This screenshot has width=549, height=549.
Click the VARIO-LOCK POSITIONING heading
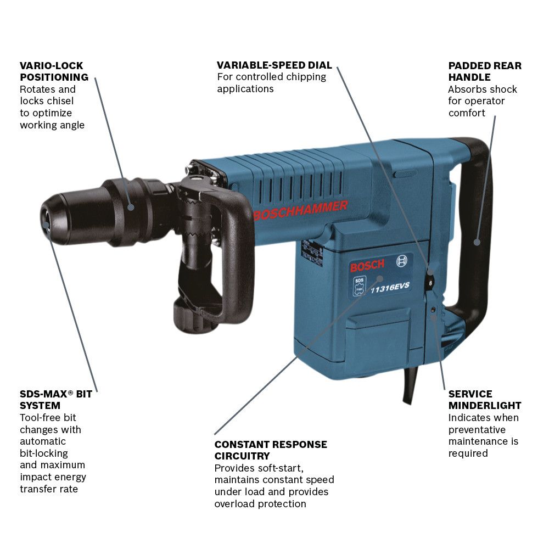[x=54, y=71]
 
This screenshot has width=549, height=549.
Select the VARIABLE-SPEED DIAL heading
[x=274, y=65]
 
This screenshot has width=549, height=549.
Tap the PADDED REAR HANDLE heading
[x=484, y=71]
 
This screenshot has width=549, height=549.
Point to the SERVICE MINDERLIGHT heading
[x=484, y=400]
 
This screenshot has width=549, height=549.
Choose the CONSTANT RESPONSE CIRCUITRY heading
[x=271, y=450]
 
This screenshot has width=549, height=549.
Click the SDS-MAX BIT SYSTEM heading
[x=55, y=400]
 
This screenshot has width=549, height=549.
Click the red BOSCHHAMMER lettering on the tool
[x=300, y=210]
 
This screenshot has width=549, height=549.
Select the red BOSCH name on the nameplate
[x=368, y=267]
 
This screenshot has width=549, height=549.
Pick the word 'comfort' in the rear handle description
[x=467, y=113]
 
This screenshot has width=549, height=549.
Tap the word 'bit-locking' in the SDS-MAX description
[x=44, y=453]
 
